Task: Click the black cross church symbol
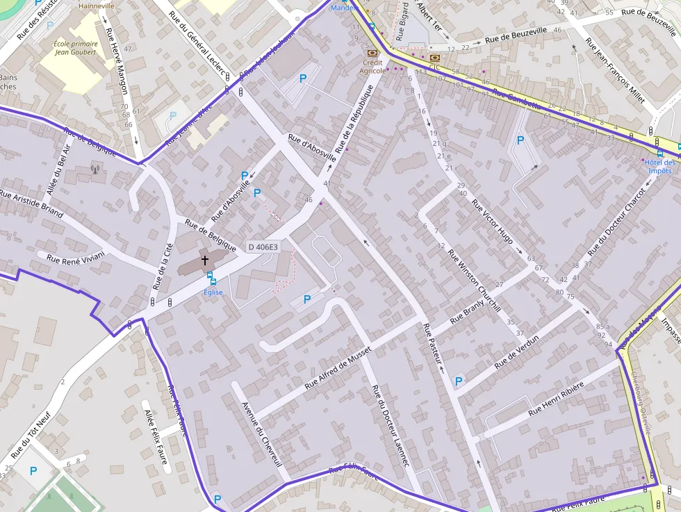pos(205,261)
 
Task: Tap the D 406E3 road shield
pos(263,247)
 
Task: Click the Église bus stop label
pos(213,292)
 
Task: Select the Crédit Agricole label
pos(373,66)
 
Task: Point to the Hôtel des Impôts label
pos(659,167)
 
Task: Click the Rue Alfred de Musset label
pos(338,368)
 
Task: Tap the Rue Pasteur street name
pos(432,344)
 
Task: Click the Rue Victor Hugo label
pos(492,222)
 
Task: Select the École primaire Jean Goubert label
pos(75,47)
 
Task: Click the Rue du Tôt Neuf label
pos(31,436)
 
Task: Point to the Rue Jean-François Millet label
pos(615,70)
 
